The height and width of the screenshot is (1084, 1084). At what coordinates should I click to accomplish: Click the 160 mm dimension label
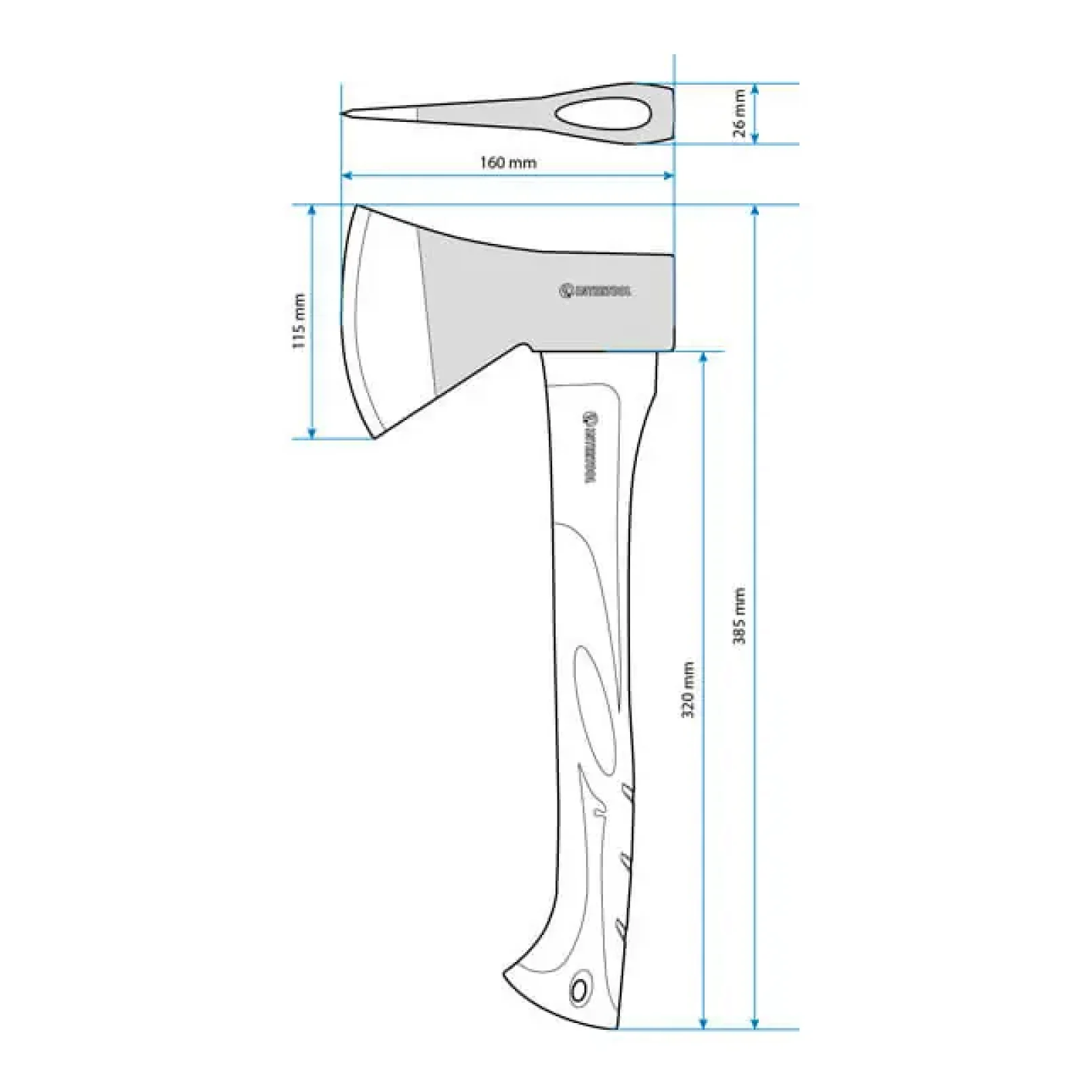pos(508,163)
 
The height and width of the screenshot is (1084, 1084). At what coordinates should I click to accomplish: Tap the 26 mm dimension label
pos(739,114)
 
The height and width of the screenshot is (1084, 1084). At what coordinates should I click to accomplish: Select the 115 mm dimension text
pos(299,321)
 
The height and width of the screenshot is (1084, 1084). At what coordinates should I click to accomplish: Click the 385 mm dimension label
pos(739,616)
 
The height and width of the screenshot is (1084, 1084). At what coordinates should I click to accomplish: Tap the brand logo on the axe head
pos(595,291)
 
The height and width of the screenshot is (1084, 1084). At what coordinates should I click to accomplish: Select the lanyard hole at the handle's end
pos(579,991)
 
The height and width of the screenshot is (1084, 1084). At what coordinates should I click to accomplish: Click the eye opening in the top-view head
pos(603,114)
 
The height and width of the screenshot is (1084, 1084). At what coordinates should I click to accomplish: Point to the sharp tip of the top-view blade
pos(342,113)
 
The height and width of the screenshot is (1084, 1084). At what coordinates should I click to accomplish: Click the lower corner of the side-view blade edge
pos(375,438)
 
